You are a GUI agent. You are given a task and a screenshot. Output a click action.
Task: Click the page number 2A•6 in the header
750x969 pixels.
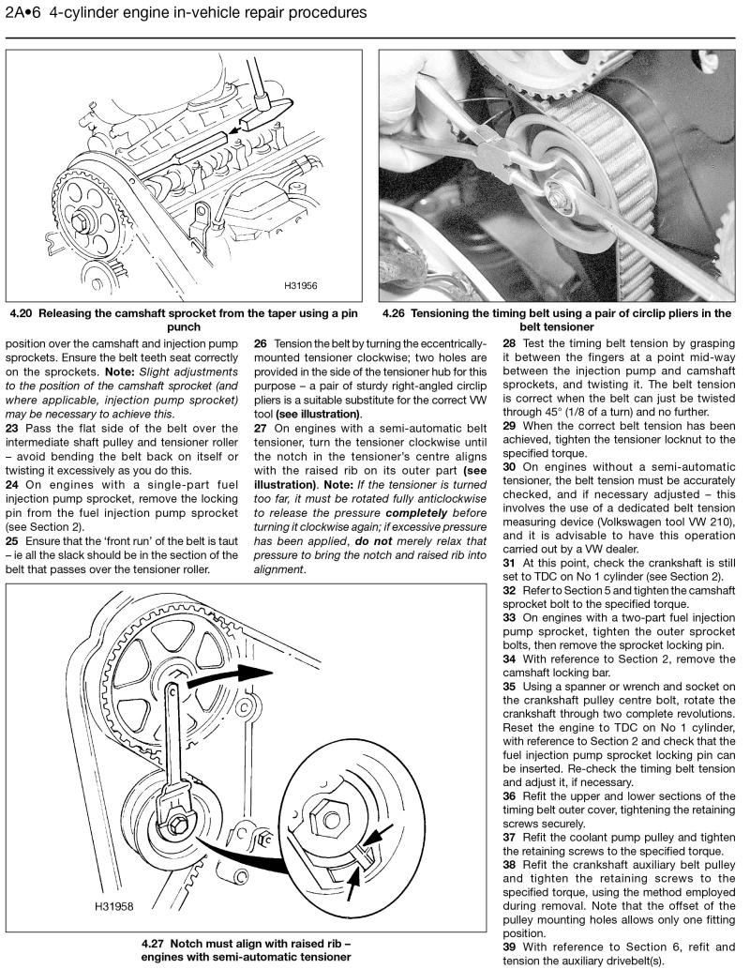[22, 14]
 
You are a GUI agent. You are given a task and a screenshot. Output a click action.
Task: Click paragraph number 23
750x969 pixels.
[14, 427]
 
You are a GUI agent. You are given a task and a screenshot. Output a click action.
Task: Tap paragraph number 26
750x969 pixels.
[262, 344]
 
